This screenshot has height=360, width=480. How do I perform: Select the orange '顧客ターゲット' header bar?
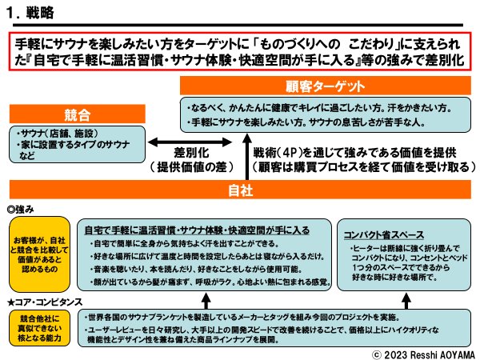325,86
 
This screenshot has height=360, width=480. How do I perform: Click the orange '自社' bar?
239,190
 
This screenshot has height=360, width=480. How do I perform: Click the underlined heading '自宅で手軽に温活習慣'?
196,230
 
